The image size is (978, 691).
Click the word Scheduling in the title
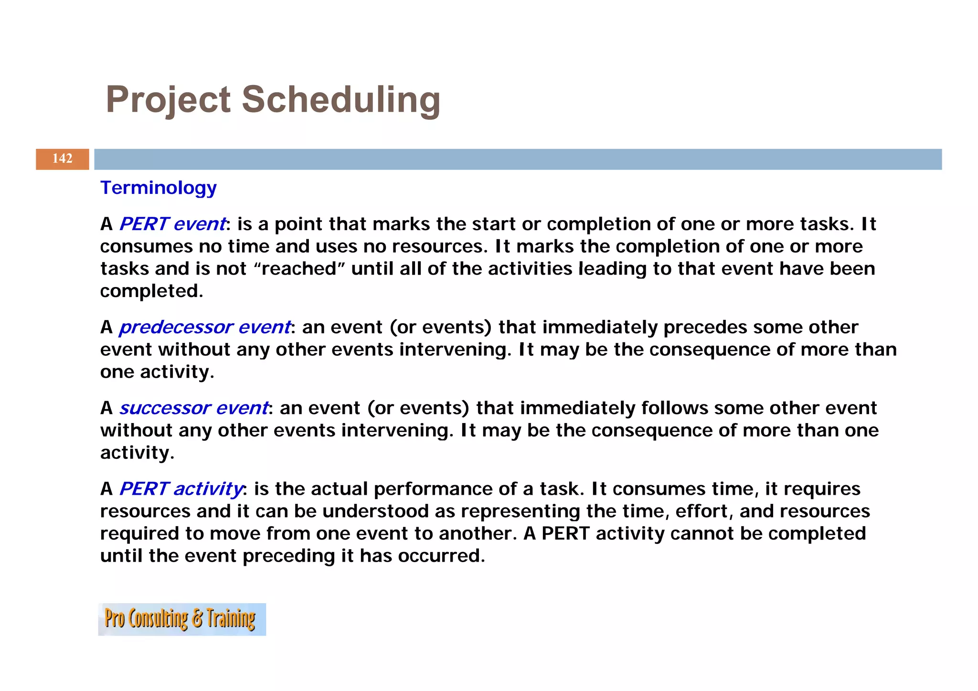340,100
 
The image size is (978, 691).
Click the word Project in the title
168,100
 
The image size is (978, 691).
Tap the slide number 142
62,159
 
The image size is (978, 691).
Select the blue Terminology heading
158,188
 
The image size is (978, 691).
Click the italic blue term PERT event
172,224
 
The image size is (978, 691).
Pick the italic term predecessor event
205,327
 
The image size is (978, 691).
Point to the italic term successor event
194,408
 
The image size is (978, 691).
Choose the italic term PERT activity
181,489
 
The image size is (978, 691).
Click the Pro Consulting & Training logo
181,619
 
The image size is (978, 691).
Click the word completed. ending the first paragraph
151,291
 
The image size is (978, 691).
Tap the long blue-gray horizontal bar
518,159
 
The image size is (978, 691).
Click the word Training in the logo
231,619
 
